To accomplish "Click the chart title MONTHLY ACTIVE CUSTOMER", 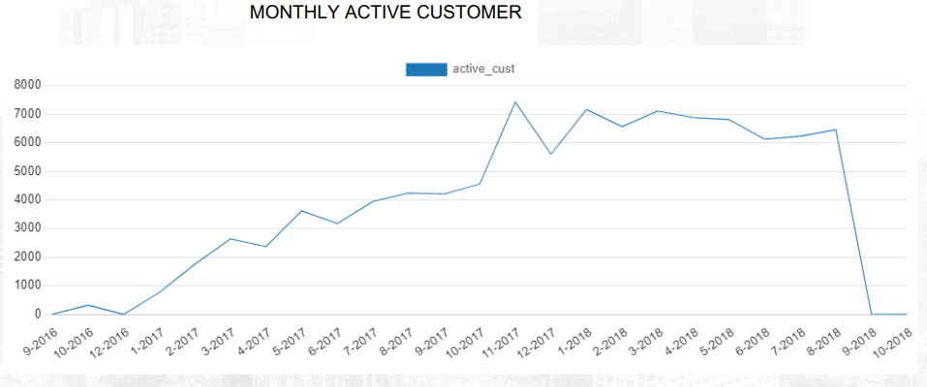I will click(x=386, y=13).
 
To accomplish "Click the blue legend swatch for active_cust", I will click(x=426, y=69).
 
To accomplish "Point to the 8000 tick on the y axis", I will click(x=27, y=85).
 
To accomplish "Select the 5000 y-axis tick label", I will click(x=27, y=171).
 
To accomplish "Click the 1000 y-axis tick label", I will click(x=27, y=285).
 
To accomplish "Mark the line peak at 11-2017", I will click(x=514, y=102).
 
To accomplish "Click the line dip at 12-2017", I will click(x=550, y=154).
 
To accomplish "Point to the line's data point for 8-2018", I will click(x=835, y=130).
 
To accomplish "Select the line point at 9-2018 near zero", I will click(x=871, y=313).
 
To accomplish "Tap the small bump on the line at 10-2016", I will click(x=87, y=305).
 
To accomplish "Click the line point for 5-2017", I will click(x=301, y=211).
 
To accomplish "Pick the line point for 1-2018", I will click(x=586, y=109).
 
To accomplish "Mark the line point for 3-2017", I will click(x=230, y=239).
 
